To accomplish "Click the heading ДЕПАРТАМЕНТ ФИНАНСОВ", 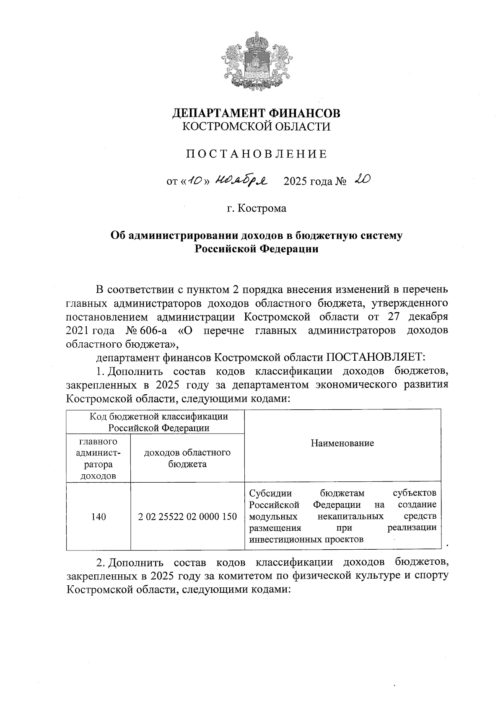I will click(257, 113).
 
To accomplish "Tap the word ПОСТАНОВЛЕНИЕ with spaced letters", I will click(257, 154).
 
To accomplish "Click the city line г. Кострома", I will click(257, 208).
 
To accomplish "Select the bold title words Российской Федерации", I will click(257, 249).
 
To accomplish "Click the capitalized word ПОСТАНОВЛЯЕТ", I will click(376, 357).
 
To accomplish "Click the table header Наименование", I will click(342, 443).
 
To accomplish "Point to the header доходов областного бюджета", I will click(187, 458).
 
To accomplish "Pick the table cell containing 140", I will click(98, 517).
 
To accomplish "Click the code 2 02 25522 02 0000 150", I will click(187, 517).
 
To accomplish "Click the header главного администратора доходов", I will click(98, 458).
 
